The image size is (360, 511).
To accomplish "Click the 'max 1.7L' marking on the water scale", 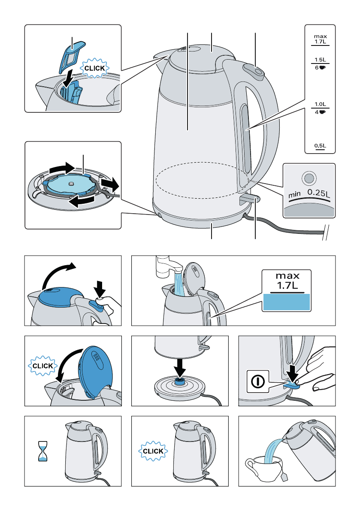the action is point(320,39).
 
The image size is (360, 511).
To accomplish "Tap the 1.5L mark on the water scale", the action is point(320,60).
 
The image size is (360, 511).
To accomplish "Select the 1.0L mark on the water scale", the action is point(320,104).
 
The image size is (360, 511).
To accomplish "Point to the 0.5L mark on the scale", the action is point(320,146).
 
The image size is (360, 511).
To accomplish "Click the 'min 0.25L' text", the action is point(309,194).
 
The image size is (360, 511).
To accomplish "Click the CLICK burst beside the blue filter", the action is point(94,69).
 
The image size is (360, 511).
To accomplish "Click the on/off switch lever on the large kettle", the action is point(249,199).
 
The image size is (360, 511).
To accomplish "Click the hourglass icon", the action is point(42,451).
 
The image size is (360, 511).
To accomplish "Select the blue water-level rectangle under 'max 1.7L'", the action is point(286,302).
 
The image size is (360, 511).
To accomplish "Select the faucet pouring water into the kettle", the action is point(167,266).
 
